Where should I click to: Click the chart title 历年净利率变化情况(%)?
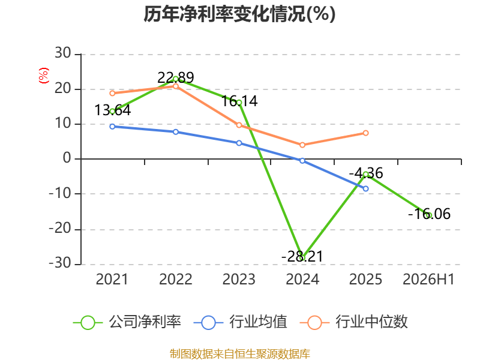(239, 14)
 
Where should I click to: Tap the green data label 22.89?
(176, 77)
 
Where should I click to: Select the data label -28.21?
(302, 256)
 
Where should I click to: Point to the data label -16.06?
(429, 214)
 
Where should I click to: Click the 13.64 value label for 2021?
(113, 110)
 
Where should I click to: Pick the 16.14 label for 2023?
(239, 101)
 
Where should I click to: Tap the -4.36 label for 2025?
(366, 173)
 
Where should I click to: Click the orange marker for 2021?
(112, 93)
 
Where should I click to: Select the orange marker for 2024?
(302, 145)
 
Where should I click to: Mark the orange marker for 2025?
(366, 133)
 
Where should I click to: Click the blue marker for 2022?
(176, 132)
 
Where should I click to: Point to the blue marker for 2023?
(239, 143)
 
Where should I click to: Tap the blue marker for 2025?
(366, 188)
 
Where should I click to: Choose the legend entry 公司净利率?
(127, 322)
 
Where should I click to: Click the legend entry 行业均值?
(241, 322)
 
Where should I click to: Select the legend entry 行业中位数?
(353, 322)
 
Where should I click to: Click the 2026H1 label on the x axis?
(428, 280)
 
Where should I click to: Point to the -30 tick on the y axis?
(60, 263)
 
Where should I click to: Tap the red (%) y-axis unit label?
(43, 76)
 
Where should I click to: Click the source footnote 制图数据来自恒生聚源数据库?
(240, 354)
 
